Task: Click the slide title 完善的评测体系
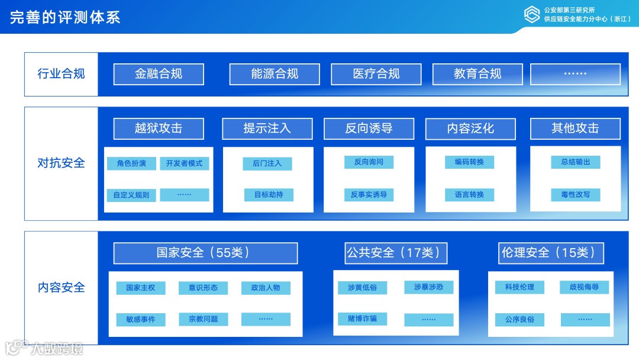[x=65, y=17]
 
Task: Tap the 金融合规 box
[x=159, y=74]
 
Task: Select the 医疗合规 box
[x=376, y=74]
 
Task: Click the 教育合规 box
[x=477, y=74]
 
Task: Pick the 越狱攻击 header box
[x=159, y=128]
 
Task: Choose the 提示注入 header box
[x=267, y=128]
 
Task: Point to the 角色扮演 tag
[x=131, y=163]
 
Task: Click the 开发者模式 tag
[x=184, y=163]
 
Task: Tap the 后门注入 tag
[x=267, y=163]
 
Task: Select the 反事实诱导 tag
[x=369, y=195]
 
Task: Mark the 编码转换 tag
[x=469, y=162]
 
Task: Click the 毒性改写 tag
[x=575, y=195]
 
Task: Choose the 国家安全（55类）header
[x=205, y=253]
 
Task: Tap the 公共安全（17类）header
[x=396, y=253]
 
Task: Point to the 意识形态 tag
[x=203, y=288]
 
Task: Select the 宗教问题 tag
[x=203, y=319]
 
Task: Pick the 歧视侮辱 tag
[x=585, y=287]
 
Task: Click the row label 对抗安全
[x=61, y=163]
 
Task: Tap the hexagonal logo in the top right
[x=532, y=14]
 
